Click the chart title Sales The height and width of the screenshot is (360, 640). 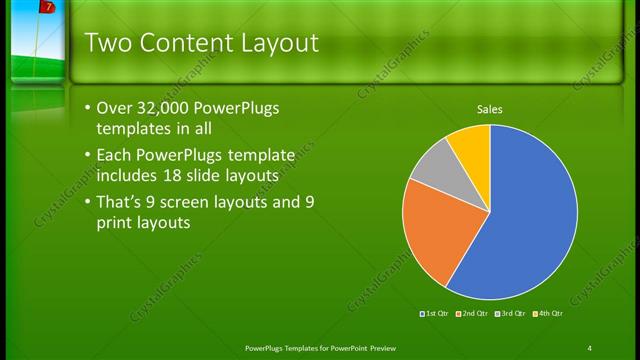(490, 109)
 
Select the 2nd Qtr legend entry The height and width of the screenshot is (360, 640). (473, 314)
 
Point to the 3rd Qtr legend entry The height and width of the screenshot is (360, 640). (510, 314)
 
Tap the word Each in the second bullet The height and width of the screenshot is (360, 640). (114, 155)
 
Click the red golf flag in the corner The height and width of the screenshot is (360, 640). (47, 9)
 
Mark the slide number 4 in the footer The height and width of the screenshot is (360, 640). (589, 348)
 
